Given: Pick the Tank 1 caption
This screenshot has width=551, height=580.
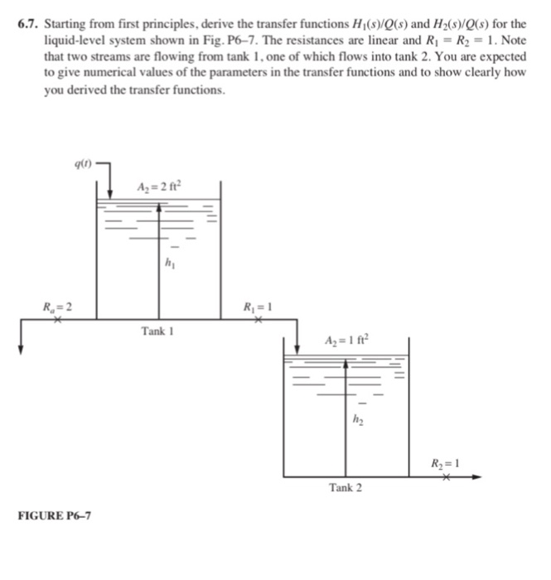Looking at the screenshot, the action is [x=158, y=331].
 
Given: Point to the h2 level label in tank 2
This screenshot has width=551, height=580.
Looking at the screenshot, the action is [x=360, y=420].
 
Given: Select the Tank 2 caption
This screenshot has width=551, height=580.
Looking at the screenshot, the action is [x=346, y=487].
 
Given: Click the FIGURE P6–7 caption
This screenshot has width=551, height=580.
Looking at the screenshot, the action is [x=55, y=515].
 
